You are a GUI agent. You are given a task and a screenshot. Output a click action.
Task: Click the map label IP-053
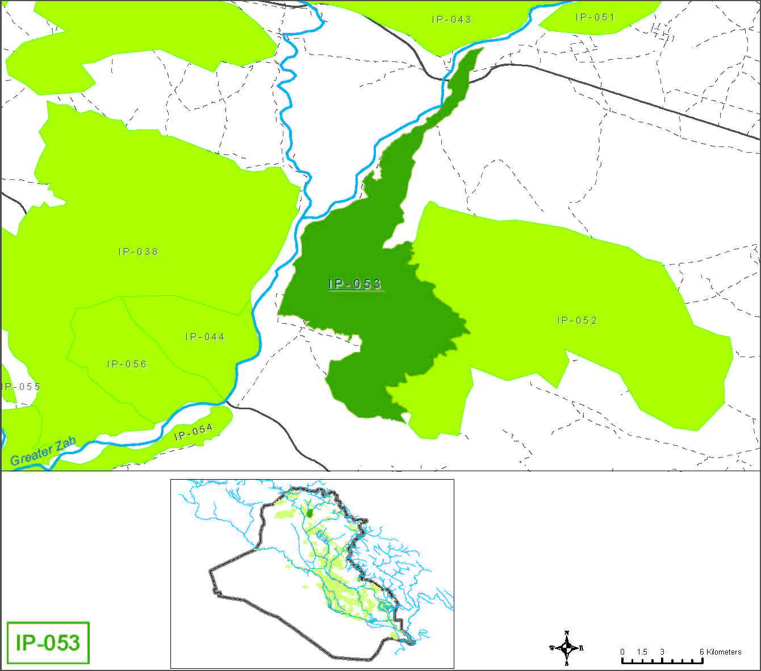click(355, 284)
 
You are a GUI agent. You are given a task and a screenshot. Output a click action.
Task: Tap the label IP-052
click(577, 321)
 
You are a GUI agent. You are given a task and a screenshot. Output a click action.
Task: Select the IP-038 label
click(138, 251)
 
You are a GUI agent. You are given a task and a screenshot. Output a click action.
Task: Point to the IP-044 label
click(205, 337)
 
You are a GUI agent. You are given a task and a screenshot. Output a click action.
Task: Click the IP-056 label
click(127, 364)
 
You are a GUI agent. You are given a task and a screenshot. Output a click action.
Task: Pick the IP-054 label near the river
click(194, 432)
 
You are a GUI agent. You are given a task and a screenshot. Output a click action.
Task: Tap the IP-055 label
click(22, 387)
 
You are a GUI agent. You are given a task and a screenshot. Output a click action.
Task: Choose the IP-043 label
click(451, 19)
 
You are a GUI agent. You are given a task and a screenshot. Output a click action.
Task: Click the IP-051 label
click(595, 17)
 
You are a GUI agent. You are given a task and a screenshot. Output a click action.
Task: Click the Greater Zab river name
click(43, 452)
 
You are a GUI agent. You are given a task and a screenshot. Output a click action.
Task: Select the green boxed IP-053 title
click(48, 643)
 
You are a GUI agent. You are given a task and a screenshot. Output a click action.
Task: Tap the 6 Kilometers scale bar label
click(720, 652)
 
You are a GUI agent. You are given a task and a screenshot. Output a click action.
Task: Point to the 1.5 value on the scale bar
click(642, 652)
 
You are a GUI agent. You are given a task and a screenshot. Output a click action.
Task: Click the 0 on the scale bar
click(622, 652)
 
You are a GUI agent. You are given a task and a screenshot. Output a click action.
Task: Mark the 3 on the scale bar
click(662, 652)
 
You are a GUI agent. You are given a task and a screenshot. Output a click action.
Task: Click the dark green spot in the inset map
click(309, 513)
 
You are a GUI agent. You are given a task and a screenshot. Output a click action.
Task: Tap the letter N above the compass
click(567, 633)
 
